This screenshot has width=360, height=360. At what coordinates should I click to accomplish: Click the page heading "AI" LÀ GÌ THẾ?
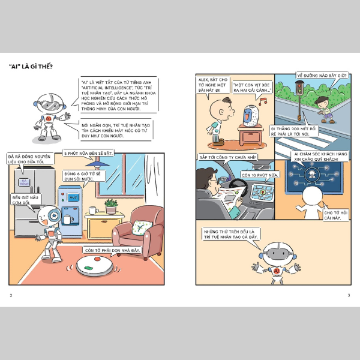(x=31, y=67)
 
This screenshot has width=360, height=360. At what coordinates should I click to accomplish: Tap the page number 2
(x=11, y=295)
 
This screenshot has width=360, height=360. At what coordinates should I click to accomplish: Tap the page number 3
(x=349, y=295)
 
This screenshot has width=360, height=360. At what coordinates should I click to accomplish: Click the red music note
(x=263, y=101)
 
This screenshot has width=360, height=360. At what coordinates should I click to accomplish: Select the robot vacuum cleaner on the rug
(x=95, y=265)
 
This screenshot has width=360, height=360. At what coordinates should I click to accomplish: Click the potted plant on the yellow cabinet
(x=111, y=206)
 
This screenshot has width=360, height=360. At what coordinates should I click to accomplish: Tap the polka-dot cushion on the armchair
(x=142, y=227)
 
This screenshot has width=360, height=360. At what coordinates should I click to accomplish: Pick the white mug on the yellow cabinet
(x=93, y=210)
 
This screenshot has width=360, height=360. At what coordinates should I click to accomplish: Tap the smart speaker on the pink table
(x=251, y=116)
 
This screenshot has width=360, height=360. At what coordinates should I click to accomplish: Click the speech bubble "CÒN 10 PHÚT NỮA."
(x=260, y=175)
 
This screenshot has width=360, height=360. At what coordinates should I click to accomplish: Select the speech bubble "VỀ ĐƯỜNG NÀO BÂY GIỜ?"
(x=322, y=76)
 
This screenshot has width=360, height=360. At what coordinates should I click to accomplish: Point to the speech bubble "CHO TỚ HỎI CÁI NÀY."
(x=335, y=215)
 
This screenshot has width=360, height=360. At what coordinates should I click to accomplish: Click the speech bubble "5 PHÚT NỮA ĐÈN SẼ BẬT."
(x=88, y=153)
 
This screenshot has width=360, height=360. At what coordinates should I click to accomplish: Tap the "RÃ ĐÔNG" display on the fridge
(x=24, y=182)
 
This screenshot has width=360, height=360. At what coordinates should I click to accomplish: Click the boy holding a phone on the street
(x=325, y=110)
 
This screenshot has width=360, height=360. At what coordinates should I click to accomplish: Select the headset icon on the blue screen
(x=312, y=175)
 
